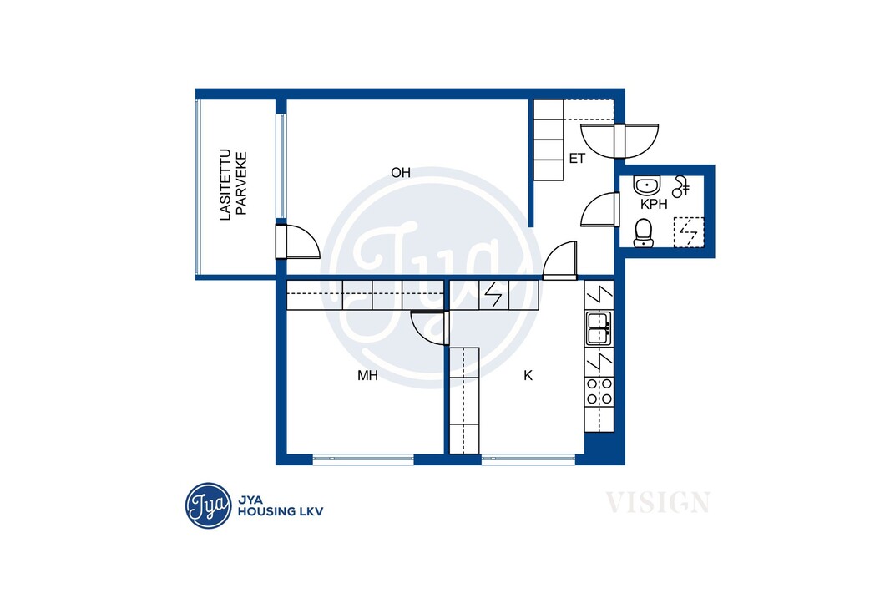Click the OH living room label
coord(401,173)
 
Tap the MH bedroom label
coord(367,375)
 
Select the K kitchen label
coord(528,375)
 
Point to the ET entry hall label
coord(577,159)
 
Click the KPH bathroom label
coord(654,205)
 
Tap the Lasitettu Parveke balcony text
coord(234,185)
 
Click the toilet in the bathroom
coord(643,233)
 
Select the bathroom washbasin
coord(646,185)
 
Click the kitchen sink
coord(599,328)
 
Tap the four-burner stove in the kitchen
coord(599,391)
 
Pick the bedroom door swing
coord(430,327)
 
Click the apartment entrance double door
coord(619,140)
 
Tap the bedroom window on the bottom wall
coord(363,459)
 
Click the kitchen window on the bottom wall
coord(528,459)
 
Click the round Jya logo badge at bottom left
coord(209,505)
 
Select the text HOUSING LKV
coord(281,511)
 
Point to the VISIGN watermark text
coord(658,503)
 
